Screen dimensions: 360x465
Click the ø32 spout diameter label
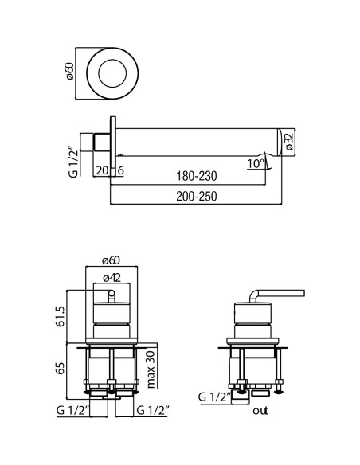coord(289,142)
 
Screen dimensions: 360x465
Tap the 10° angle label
coord(256,163)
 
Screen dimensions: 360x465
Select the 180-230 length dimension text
coord(197,176)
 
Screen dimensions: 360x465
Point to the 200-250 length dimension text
coord(197,196)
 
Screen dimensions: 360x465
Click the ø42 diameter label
coord(112,278)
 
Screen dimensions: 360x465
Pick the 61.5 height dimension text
coord(61,316)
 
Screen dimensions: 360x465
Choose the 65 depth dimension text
coord(61,368)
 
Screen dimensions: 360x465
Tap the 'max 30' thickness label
coord(151,369)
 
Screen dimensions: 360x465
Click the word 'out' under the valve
coord(260,411)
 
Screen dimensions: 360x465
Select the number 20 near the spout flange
coord(102,170)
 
